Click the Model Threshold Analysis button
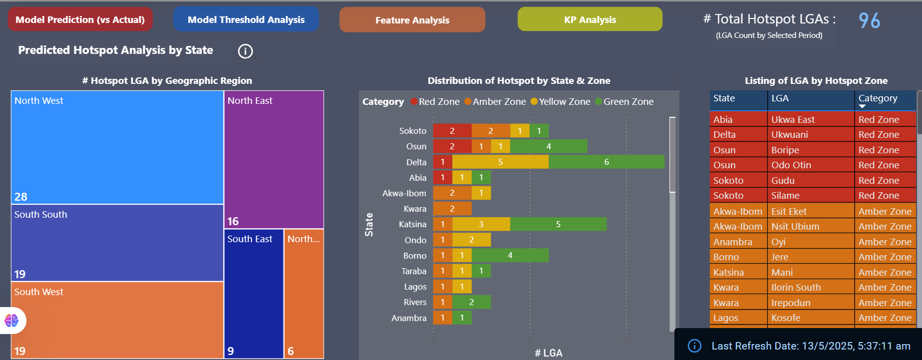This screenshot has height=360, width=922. [x=246, y=19]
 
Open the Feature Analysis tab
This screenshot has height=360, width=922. [x=412, y=20]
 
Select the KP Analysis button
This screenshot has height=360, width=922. [x=590, y=19]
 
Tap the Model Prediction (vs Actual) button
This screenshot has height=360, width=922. [x=80, y=19]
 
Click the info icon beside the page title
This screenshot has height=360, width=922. [x=245, y=51]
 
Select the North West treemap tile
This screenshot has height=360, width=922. [x=117, y=147]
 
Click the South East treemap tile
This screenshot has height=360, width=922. [x=254, y=294]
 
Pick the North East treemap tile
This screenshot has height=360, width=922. [x=274, y=160]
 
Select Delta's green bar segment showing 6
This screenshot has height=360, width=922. [x=607, y=162]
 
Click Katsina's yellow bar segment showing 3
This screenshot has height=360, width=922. [x=481, y=224]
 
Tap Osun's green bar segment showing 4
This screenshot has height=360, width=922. [x=549, y=146]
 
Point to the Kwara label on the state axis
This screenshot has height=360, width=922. [x=415, y=209]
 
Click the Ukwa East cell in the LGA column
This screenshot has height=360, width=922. [x=793, y=119]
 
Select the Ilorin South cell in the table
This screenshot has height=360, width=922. [x=796, y=288]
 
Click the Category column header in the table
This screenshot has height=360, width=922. [x=878, y=98]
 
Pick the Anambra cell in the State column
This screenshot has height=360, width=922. [x=732, y=242]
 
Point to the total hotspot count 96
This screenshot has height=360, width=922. [x=869, y=20]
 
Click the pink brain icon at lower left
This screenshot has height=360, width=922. [x=11, y=320]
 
